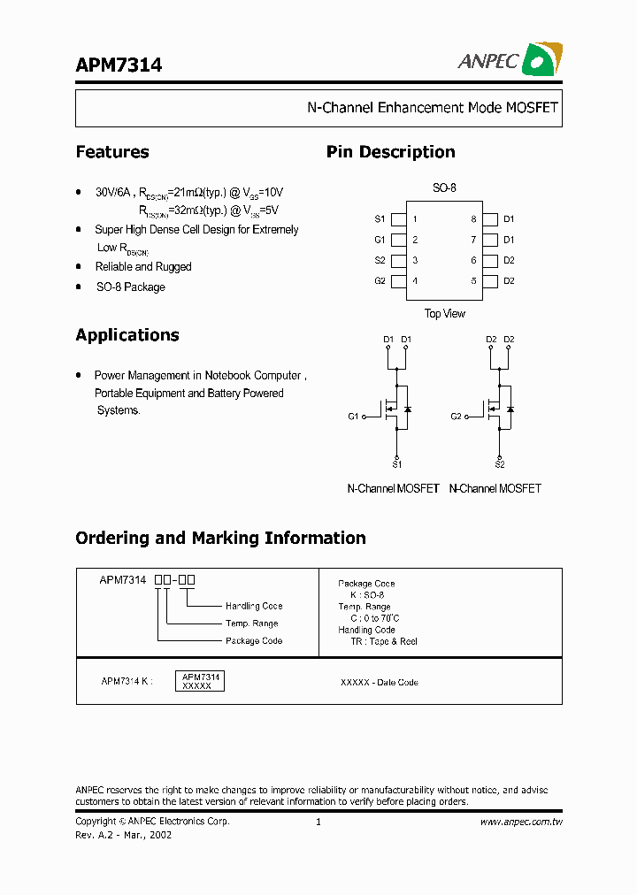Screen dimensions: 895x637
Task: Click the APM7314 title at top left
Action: coord(119,65)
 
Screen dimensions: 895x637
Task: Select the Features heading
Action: coord(112,152)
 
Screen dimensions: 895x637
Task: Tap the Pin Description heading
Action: coord(390,152)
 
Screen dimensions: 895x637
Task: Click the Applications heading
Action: coord(127,335)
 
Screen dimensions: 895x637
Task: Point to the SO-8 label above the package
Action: coord(444,188)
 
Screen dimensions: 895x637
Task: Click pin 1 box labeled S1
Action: coord(398,219)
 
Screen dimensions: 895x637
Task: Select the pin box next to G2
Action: coord(398,281)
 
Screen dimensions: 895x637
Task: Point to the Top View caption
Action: coord(444,314)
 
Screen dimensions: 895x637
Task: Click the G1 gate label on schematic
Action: coord(354,417)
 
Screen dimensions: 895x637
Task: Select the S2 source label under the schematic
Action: coord(500,464)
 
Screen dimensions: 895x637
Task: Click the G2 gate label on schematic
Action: coord(457,417)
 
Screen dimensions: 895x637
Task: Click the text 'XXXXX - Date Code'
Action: coord(379,683)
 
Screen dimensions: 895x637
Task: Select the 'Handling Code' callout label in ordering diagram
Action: coord(254,607)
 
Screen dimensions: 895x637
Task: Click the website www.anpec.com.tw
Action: coord(521,822)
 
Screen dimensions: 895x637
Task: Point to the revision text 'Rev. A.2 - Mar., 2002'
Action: coord(124,835)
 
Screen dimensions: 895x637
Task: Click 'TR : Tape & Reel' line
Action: coord(383,642)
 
